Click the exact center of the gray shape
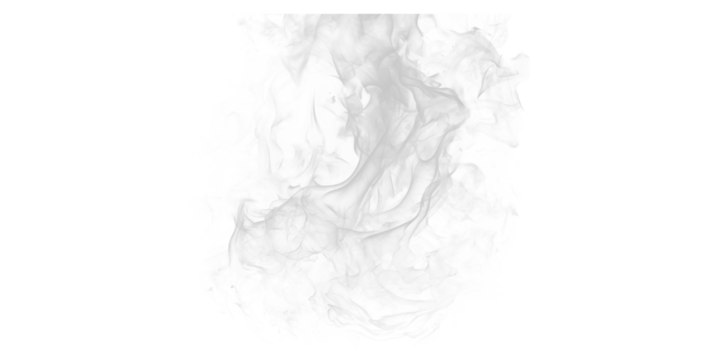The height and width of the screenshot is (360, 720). point(360,180)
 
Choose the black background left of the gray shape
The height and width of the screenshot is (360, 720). point(90,180)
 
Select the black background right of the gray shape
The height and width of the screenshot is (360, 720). point(630,180)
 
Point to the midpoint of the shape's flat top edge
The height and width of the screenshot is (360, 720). point(372,14)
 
